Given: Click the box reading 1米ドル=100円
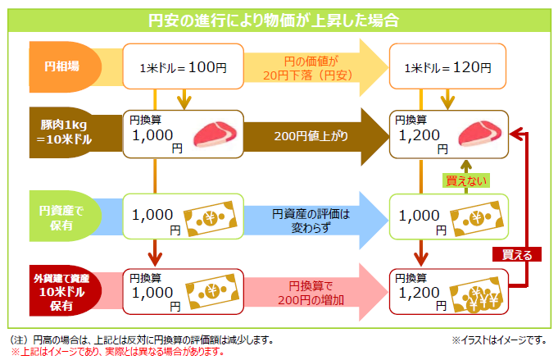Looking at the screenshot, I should [183, 66].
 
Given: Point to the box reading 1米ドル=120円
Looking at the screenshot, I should [447, 66].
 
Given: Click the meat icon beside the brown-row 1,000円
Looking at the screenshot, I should [214, 134].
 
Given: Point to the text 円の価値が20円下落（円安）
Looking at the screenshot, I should [311, 66].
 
